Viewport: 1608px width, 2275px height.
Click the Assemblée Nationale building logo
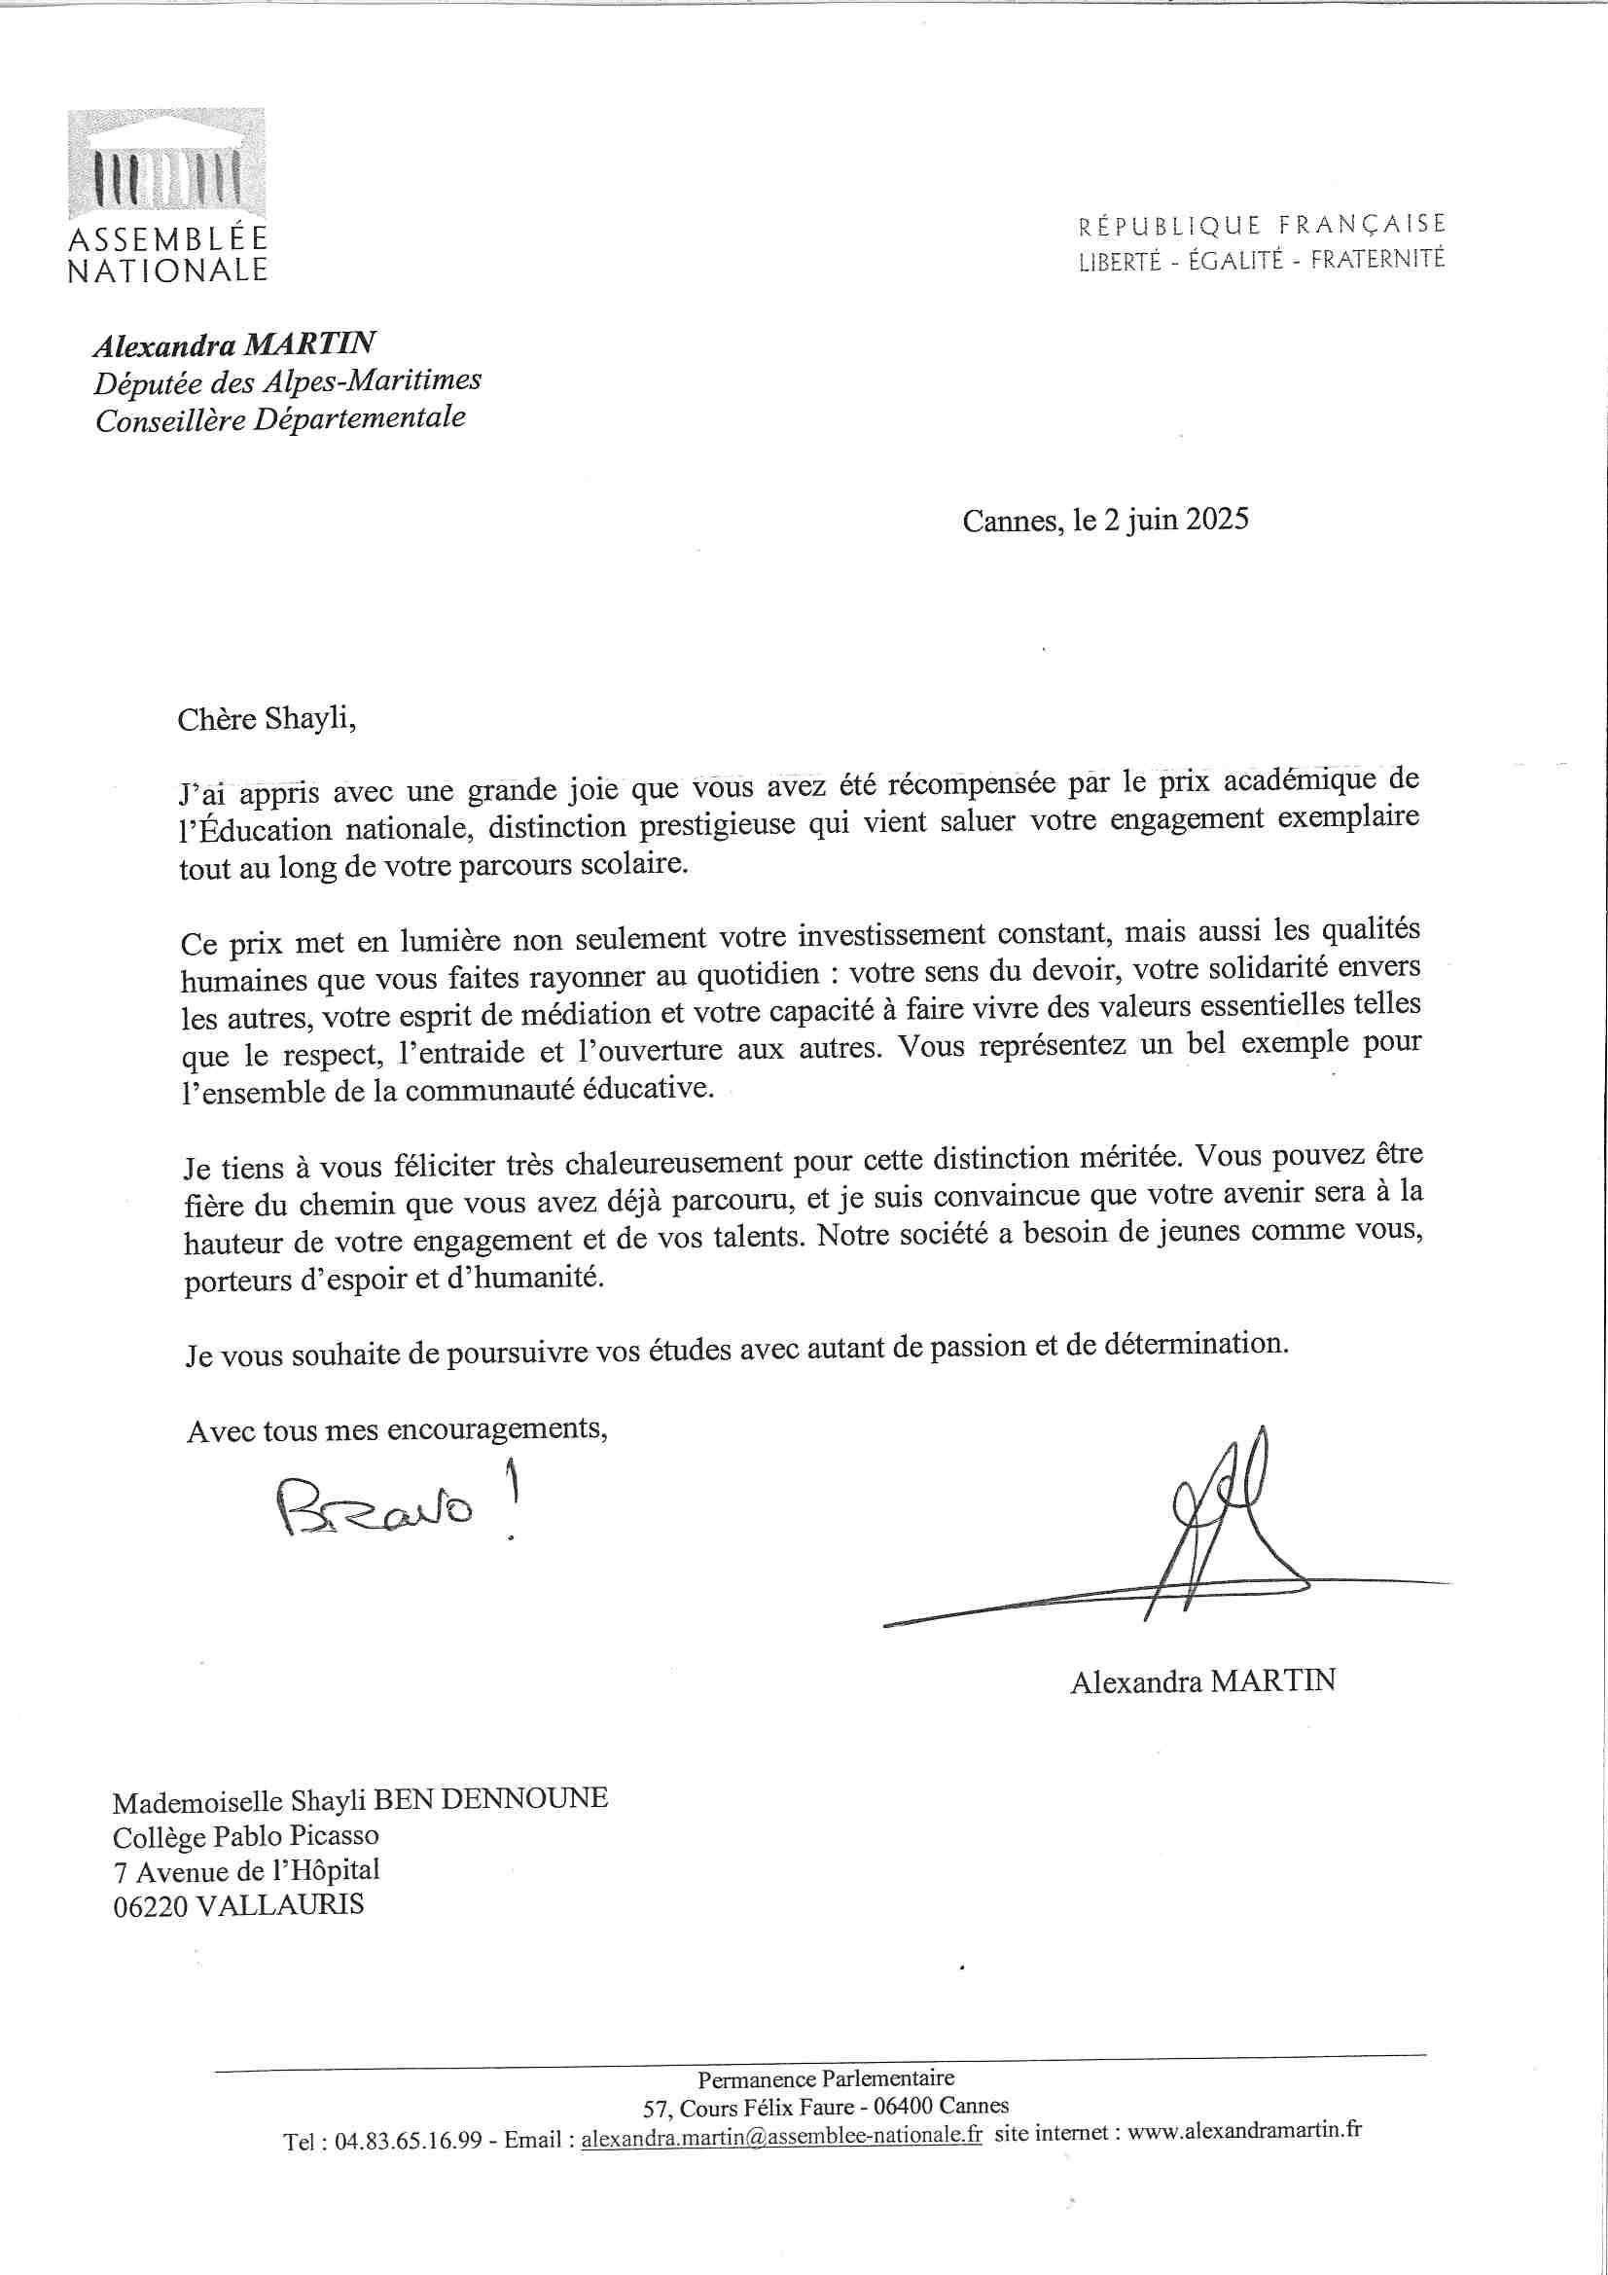(x=166, y=164)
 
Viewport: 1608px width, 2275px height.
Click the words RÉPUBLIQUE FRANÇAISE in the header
(x=1262, y=226)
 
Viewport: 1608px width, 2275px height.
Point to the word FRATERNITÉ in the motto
(x=1377, y=260)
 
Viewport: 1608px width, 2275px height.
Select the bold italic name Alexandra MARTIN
(x=234, y=344)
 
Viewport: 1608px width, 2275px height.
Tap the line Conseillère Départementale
(x=280, y=419)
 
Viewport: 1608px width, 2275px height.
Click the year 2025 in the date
(x=1218, y=520)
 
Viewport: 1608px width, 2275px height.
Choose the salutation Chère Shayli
(x=267, y=718)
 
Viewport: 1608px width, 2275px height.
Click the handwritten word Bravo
(x=376, y=1507)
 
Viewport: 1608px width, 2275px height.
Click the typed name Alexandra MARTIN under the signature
(x=1202, y=1681)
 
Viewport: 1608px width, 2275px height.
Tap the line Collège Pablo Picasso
(x=246, y=1836)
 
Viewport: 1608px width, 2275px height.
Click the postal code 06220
(x=150, y=1906)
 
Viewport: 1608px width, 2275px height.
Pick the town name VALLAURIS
(x=280, y=1904)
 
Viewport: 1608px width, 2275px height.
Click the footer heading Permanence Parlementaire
(x=825, y=2076)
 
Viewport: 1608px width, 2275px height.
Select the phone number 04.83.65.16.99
(x=409, y=2141)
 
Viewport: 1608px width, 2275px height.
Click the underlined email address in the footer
(x=782, y=2135)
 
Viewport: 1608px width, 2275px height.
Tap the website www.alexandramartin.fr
(x=1244, y=2129)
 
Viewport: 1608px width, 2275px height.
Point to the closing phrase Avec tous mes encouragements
(x=396, y=1429)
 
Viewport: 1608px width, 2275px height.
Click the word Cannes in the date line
(x=1012, y=522)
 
